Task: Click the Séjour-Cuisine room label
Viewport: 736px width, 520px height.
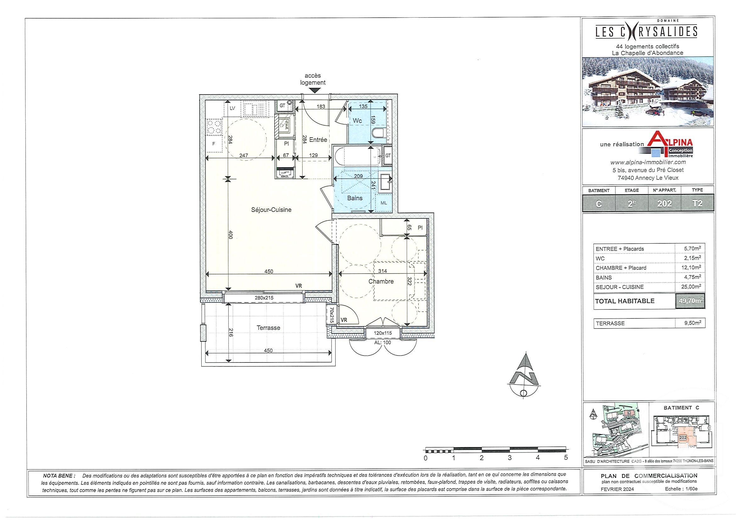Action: tap(271, 210)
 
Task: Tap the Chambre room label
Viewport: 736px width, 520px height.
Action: tap(381, 281)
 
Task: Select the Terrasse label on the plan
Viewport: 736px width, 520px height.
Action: tap(268, 328)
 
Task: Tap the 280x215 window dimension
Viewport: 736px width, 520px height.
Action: tap(264, 298)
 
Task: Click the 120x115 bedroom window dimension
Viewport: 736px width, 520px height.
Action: tap(383, 333)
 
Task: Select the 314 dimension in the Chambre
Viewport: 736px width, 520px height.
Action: tap(382, 271)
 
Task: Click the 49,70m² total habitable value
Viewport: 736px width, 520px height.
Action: tap(689, 301)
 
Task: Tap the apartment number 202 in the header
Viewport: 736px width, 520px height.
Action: tap(664, 204)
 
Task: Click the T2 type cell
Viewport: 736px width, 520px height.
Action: tap(697, 203)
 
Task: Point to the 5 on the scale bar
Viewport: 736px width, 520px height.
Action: tap(566, 458)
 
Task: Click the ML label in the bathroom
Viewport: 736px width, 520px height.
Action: tap(384, 203)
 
